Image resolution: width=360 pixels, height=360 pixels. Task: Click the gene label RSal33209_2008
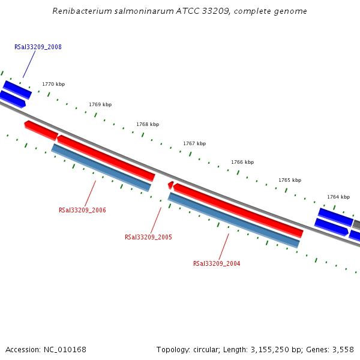click(x=38, y=47)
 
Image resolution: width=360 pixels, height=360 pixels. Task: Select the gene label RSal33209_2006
click(x=82, y=210)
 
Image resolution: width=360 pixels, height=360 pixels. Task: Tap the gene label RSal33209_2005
click(x=148, y=237)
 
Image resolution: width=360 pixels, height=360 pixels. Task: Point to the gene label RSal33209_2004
click(x=217, y=263)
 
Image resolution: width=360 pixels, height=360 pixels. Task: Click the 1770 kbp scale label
click(x=53, y=85)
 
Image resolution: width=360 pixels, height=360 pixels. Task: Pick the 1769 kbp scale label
click(x=100, y=104)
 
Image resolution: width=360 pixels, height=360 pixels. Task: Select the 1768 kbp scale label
click(x=148, y=124)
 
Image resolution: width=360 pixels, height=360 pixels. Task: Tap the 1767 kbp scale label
click(x=194, y=143)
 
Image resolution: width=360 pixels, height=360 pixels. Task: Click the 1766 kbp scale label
click(x=242, y=162)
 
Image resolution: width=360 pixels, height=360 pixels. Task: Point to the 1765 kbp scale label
click(x=290, y=180)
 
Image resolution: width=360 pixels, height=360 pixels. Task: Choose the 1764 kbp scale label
click(x=338, y=197)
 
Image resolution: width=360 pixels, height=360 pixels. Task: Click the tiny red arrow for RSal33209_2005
click(x=170, y=185)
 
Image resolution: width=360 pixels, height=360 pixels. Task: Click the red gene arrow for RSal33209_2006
click(x=106, y=157)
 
